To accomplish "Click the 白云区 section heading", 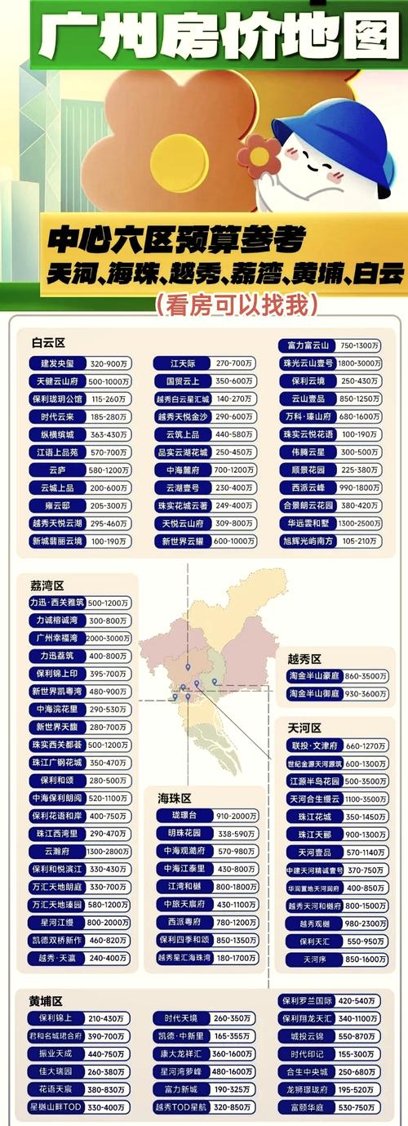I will pyautogui.click(x=48, y=342).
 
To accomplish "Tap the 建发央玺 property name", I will pyautogui.click(x=56, y=363).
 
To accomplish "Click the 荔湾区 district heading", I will pyautogui.click(x=47, y=585).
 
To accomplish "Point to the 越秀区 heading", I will pyautogui.click(x=304, y=658).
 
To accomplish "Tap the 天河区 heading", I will pyautogui.click(x=304, y=727).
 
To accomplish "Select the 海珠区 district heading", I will pyautogui.click(x=175, y=797).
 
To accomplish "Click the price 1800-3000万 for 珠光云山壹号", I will pyautogui.click(x=360, y=363).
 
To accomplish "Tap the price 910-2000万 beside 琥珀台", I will pyautogui.click(x=237, y=816).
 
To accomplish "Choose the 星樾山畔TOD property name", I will pyautogui.click(x=55, y=1106).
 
